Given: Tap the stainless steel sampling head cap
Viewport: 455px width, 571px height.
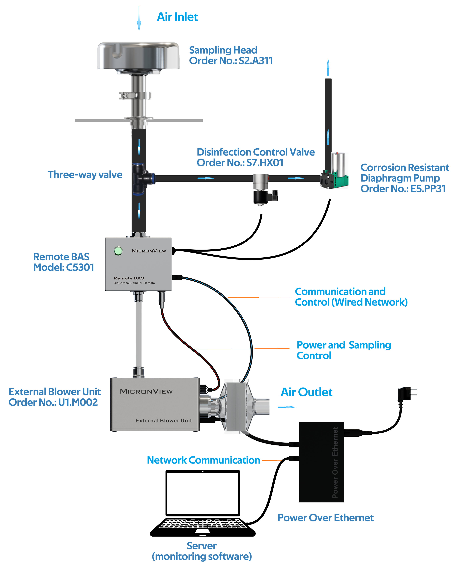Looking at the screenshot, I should click(138, 56).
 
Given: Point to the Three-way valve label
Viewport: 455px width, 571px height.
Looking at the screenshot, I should click(85, 175).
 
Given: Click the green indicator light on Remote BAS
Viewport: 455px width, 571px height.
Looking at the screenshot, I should click(118, 251).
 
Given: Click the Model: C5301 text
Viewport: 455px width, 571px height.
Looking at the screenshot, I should click(64, 267).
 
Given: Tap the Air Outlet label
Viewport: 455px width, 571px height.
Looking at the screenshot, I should click(306, 392).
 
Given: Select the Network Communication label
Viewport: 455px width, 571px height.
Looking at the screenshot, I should click(203, 460).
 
